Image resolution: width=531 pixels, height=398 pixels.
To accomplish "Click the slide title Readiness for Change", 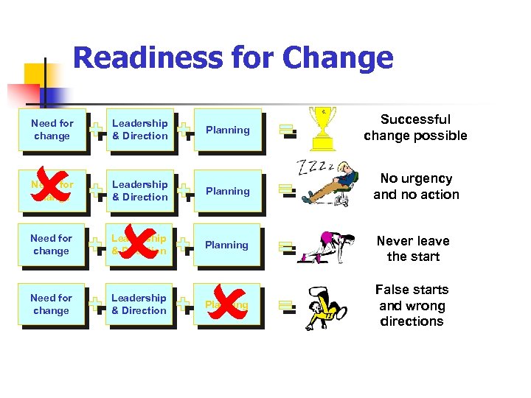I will pyautogui.click(x=233, y=58).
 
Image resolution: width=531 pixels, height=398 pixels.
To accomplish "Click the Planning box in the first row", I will pyautogui.click(x=227, y=130).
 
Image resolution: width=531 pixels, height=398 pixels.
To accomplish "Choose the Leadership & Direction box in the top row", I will pyautogui.click(x=139, y=130).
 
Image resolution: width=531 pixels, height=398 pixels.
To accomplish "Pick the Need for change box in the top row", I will pyautogui.click(x=52, y=130).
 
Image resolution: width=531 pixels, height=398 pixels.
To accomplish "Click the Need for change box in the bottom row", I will pyautogui.click(x=51, y=304).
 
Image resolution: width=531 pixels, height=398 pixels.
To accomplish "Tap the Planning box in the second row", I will pyautogui.click(x=227, y=191).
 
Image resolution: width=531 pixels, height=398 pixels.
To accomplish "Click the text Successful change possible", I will pyautogui.click(x=415, y=128).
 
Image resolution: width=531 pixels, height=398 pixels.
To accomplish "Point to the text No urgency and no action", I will pyautogui.click(x=416, y=186).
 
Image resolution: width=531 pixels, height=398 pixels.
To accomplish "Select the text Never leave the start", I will pyautogui.click(x=413, y=248).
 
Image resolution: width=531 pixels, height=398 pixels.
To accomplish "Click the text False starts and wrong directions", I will pyautogui.click(x=412, y=305).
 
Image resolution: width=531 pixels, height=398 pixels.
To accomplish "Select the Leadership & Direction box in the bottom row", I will pyautogui.click(x=139, y=304).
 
